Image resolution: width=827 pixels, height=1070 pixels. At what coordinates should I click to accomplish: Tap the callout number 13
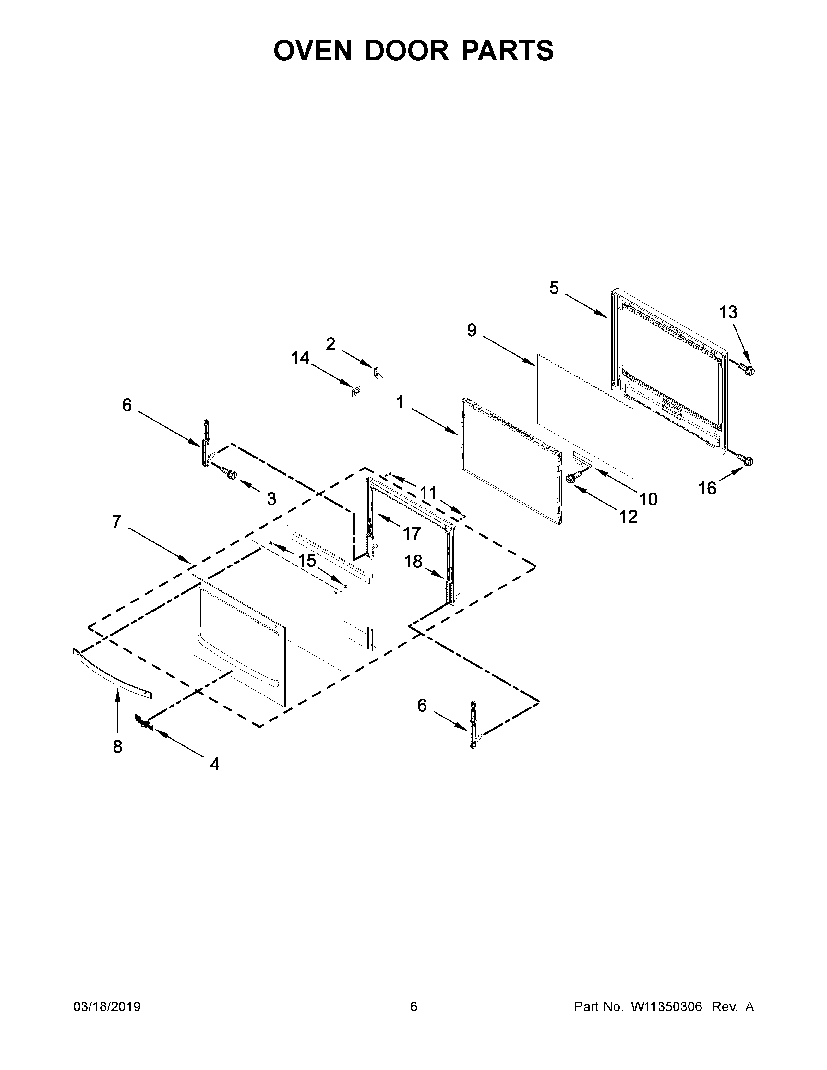[x=728, y=312]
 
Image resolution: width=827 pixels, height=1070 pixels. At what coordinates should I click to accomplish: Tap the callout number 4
[x=215, y=764]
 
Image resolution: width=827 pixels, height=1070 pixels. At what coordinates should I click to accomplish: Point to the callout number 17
[x=412, y=533]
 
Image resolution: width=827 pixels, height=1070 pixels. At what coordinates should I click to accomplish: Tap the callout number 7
[x=117, y=521]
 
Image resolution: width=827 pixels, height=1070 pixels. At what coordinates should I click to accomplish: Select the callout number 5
[x=554, y=288]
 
